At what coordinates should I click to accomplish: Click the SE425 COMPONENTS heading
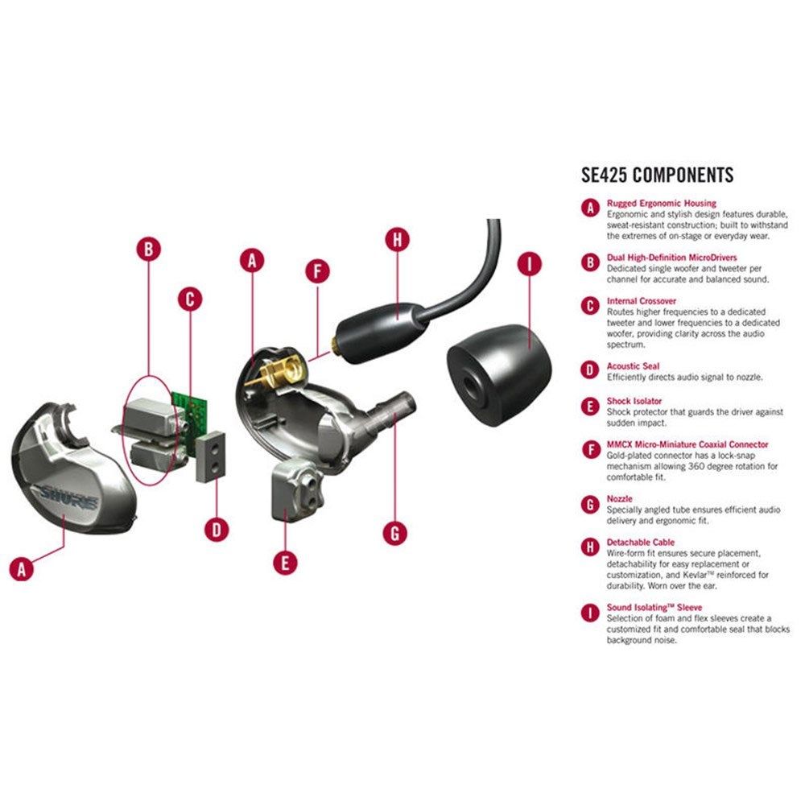click(657, 175)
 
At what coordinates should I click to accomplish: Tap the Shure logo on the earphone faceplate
click(68, 497)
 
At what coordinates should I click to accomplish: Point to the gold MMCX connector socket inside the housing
click(278, 372)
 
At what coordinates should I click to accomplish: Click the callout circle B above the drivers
click(149, 249)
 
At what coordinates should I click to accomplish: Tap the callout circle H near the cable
click(398, 240)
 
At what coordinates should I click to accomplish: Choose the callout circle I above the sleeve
click(530, 264)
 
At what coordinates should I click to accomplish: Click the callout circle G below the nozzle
click(395, 534)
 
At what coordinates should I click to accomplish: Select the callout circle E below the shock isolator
click(285, 562)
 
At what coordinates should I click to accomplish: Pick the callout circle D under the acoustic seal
click(217, 530)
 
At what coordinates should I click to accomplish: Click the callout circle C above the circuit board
click(190, 299)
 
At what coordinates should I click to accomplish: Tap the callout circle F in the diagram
click(317, 271)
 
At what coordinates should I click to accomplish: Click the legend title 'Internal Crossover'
click(642, 301)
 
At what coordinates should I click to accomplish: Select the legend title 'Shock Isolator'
click(634, 401)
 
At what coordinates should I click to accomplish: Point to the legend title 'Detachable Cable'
click(640, 542)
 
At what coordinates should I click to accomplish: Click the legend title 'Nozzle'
click(620, 498)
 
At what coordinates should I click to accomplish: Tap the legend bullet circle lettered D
click(590, 370)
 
